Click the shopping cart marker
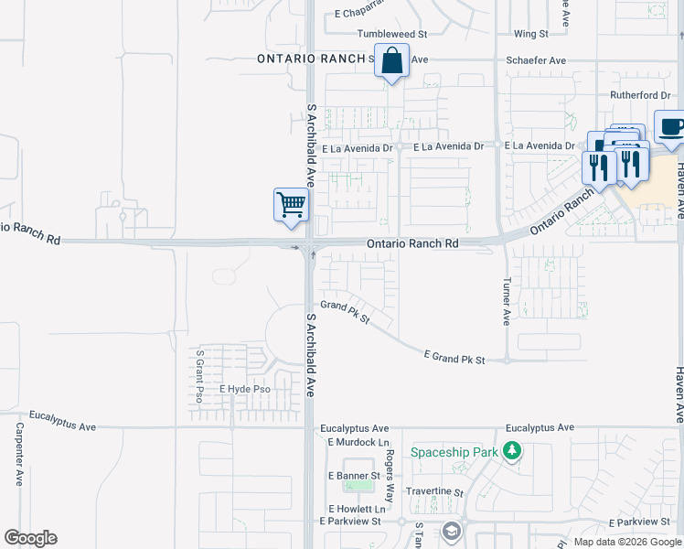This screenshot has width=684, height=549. (x=291, y=204)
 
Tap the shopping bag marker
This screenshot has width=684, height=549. (x=391, y=62)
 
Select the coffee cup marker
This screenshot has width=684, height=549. (x=671, y=128)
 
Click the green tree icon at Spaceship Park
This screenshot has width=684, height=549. (x=513, y=451)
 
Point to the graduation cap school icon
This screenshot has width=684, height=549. (x=451, y=531)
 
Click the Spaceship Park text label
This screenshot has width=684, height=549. (x=455, y=452)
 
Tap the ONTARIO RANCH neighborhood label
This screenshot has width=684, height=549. (x=311, y=58)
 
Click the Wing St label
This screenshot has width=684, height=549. (x=530, y=34)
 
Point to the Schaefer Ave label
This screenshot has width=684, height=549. (x=536, y=60)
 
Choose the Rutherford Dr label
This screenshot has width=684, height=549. (x=640, y=95)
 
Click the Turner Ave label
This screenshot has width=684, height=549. (x=506, y=303)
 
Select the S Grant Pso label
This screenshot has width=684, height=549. (x=198, y=375)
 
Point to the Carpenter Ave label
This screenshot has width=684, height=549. (x=18, y=454)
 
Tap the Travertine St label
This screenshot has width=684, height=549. (x=434, y=491)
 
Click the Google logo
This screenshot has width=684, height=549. (x=30, y=538)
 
